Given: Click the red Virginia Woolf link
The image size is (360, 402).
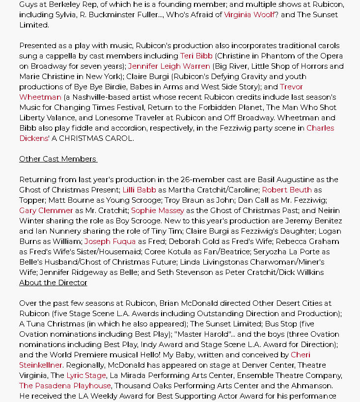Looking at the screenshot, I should (249, 15).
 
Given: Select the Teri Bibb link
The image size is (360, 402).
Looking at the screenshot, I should (196, 56).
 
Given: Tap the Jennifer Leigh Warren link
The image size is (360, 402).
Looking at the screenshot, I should (169, 66).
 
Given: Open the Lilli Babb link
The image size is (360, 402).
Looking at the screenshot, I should (139, 190).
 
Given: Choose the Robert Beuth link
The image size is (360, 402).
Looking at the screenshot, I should (287, 190).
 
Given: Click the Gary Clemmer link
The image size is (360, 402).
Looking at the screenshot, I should (46, 211).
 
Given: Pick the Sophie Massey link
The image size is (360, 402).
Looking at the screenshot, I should (157, 211).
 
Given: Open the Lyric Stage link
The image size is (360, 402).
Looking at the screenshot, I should (86, 375).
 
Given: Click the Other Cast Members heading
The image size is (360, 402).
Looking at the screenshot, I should (58, 159).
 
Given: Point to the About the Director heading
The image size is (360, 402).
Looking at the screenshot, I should (53, 283).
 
